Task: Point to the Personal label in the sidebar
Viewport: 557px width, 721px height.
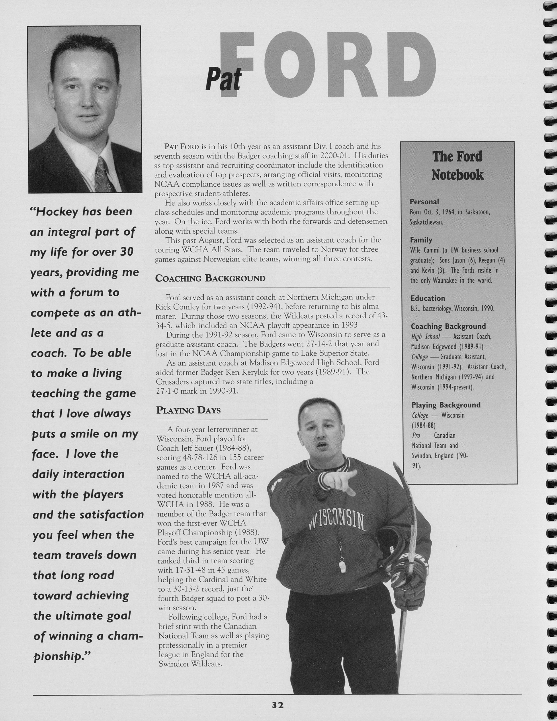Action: tap(424, 202)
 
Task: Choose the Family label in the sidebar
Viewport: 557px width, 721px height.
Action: tap(421, 240)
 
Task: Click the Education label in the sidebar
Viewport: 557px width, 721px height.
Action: tap(428, 298)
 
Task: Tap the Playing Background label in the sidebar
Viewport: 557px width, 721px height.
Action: tap(446, 405)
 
